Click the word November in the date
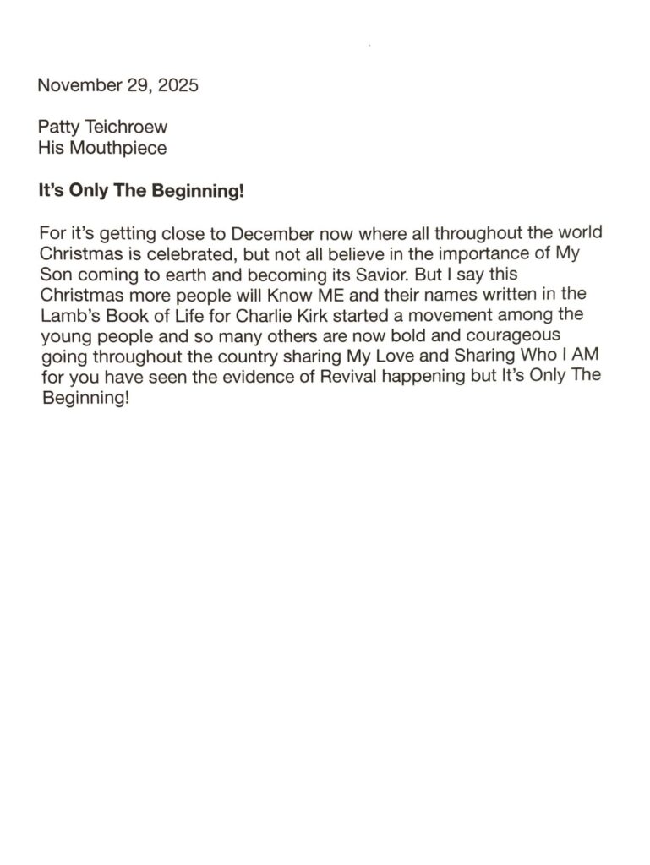pos(75,85)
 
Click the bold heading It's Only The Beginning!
pos(141,191)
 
